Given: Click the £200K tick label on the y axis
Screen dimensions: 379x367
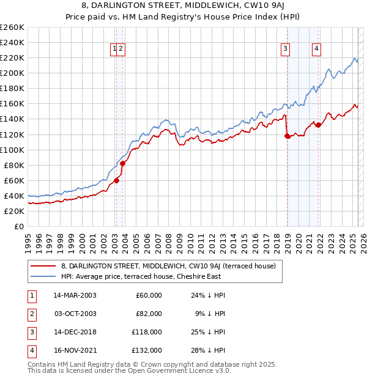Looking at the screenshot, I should (x=12, y=73).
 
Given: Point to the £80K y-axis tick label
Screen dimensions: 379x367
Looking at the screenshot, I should (x=14, y=165).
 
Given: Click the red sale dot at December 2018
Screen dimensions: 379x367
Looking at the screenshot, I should (x=287, y=136).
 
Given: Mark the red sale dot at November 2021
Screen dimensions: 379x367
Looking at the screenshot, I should (x=318, y=125).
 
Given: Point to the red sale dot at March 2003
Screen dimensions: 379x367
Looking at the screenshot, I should (x=116, y=180).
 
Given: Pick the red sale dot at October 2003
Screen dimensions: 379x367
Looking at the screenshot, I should (x=122, y=163).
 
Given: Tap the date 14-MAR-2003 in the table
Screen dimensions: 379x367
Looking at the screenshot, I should (x=75, y=295).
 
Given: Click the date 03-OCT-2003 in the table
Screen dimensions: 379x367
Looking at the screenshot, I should (x=75, y=314).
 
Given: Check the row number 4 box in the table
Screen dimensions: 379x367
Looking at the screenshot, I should (x=31, y=350).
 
